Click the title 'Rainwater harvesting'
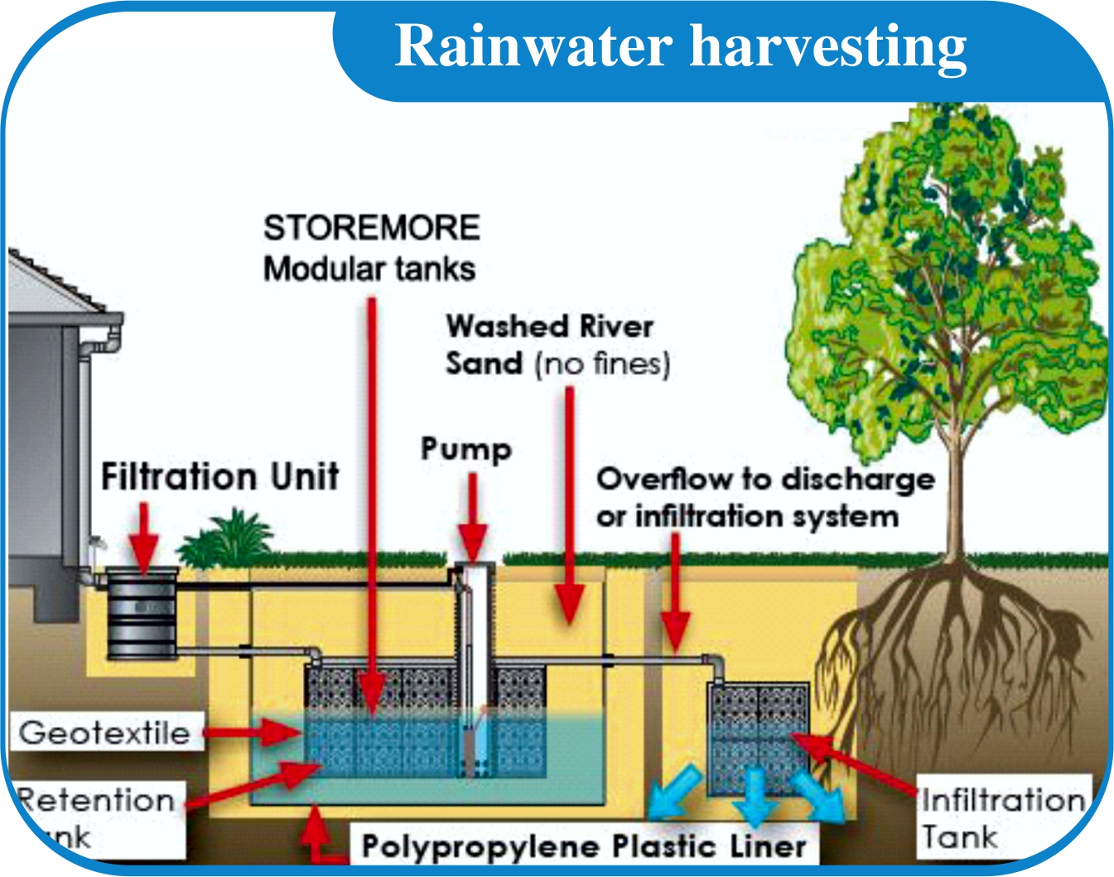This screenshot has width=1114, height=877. [x=681, y=46]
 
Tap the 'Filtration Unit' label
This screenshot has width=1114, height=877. [x=219, y=477]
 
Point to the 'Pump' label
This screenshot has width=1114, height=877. [x=466, y=449]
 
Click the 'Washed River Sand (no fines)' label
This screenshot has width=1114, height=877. [x=557, y=345]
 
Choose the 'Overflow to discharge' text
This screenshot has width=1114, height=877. [x=765, y=479]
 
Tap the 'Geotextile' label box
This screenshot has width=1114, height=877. [x=105, y=732]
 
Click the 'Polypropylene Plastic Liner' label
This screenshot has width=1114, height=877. [x=584, y=846]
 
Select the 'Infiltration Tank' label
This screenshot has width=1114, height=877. [x=1002, y=818]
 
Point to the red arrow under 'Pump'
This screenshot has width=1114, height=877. [x=472, y=518]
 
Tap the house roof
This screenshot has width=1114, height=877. [x=50, y=286]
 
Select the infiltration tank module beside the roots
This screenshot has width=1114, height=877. [x=758, y=737]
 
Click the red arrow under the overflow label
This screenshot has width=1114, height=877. [x=675, y=596]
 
